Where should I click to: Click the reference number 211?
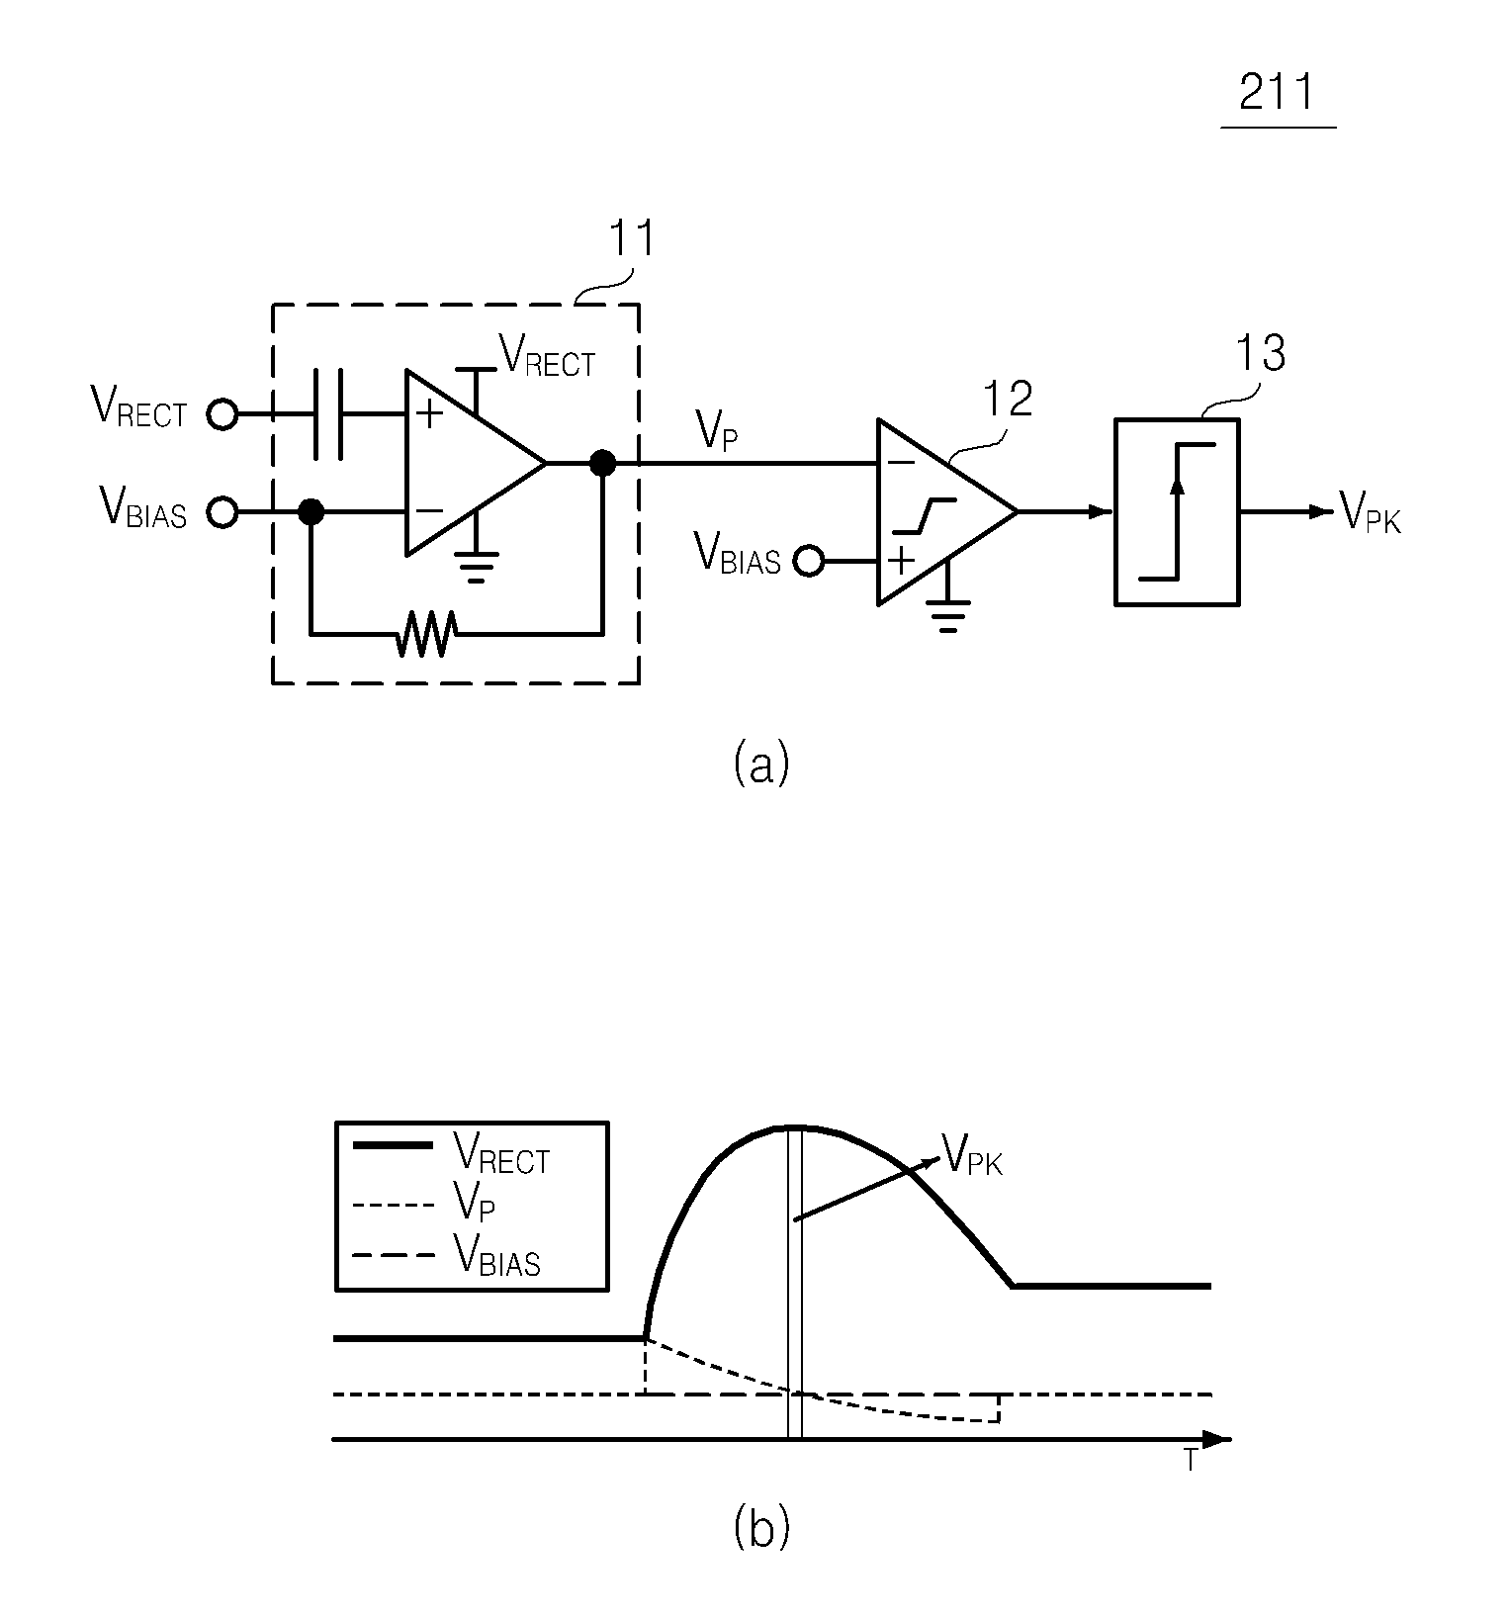point(1277,93)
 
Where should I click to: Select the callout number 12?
point(1007,398)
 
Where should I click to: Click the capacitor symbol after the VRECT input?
point(328,414)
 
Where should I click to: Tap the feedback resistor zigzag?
point(424,633)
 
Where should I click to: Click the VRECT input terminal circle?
point(222,414)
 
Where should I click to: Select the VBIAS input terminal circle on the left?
point(222,512)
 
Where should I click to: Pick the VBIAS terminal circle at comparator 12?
point(809,562)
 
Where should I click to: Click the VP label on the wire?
point(717,430)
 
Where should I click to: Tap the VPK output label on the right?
point(1371,512)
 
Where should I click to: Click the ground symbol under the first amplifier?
point(476,568)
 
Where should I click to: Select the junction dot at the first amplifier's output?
point(601,463)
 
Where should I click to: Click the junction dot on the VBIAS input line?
point(311,512)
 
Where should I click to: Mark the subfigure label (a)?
point(761,765)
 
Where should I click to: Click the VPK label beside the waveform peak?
point(973,1154)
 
